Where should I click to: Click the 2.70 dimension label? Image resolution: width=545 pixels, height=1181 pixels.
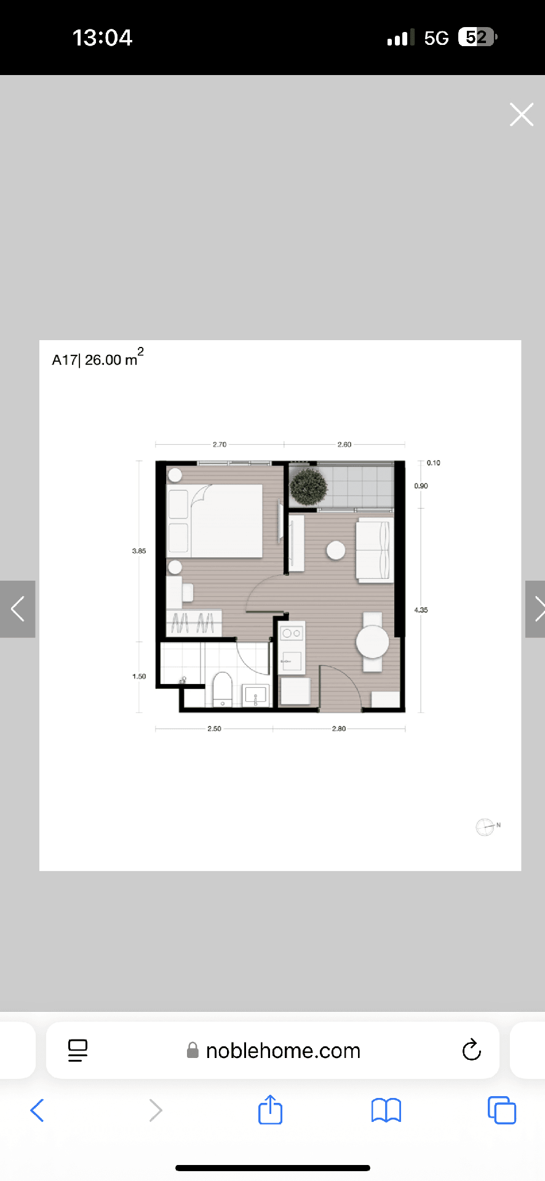(220, 444)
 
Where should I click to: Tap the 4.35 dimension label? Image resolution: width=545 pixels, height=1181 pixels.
(421, 610)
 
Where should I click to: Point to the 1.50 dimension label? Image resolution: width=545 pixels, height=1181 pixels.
(139, 676)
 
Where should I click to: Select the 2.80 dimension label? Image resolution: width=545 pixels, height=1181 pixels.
(339, 728)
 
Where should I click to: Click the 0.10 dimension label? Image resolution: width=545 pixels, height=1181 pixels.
(434, 463)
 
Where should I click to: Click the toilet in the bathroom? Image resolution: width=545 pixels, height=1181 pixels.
(222, 688)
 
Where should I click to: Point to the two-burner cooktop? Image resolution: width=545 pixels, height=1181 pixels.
(292, 633)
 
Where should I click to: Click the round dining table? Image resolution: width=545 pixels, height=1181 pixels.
(372, 642)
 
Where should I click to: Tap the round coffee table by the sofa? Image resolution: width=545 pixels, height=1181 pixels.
(336, 550)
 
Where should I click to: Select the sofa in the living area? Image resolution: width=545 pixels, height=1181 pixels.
(375, 551)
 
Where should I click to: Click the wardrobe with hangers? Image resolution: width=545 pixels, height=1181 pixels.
(194, 623)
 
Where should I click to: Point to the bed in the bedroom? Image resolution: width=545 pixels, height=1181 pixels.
(215, 521)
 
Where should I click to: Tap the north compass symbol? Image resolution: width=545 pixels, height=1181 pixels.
(485, 827)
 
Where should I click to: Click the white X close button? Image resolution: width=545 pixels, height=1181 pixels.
(522, 114)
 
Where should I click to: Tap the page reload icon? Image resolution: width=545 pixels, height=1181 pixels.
(472, 1050)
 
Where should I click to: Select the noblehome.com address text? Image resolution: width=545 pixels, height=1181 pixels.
(283, 1051)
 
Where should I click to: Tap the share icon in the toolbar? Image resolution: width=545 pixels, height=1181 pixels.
(270, 1110)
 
